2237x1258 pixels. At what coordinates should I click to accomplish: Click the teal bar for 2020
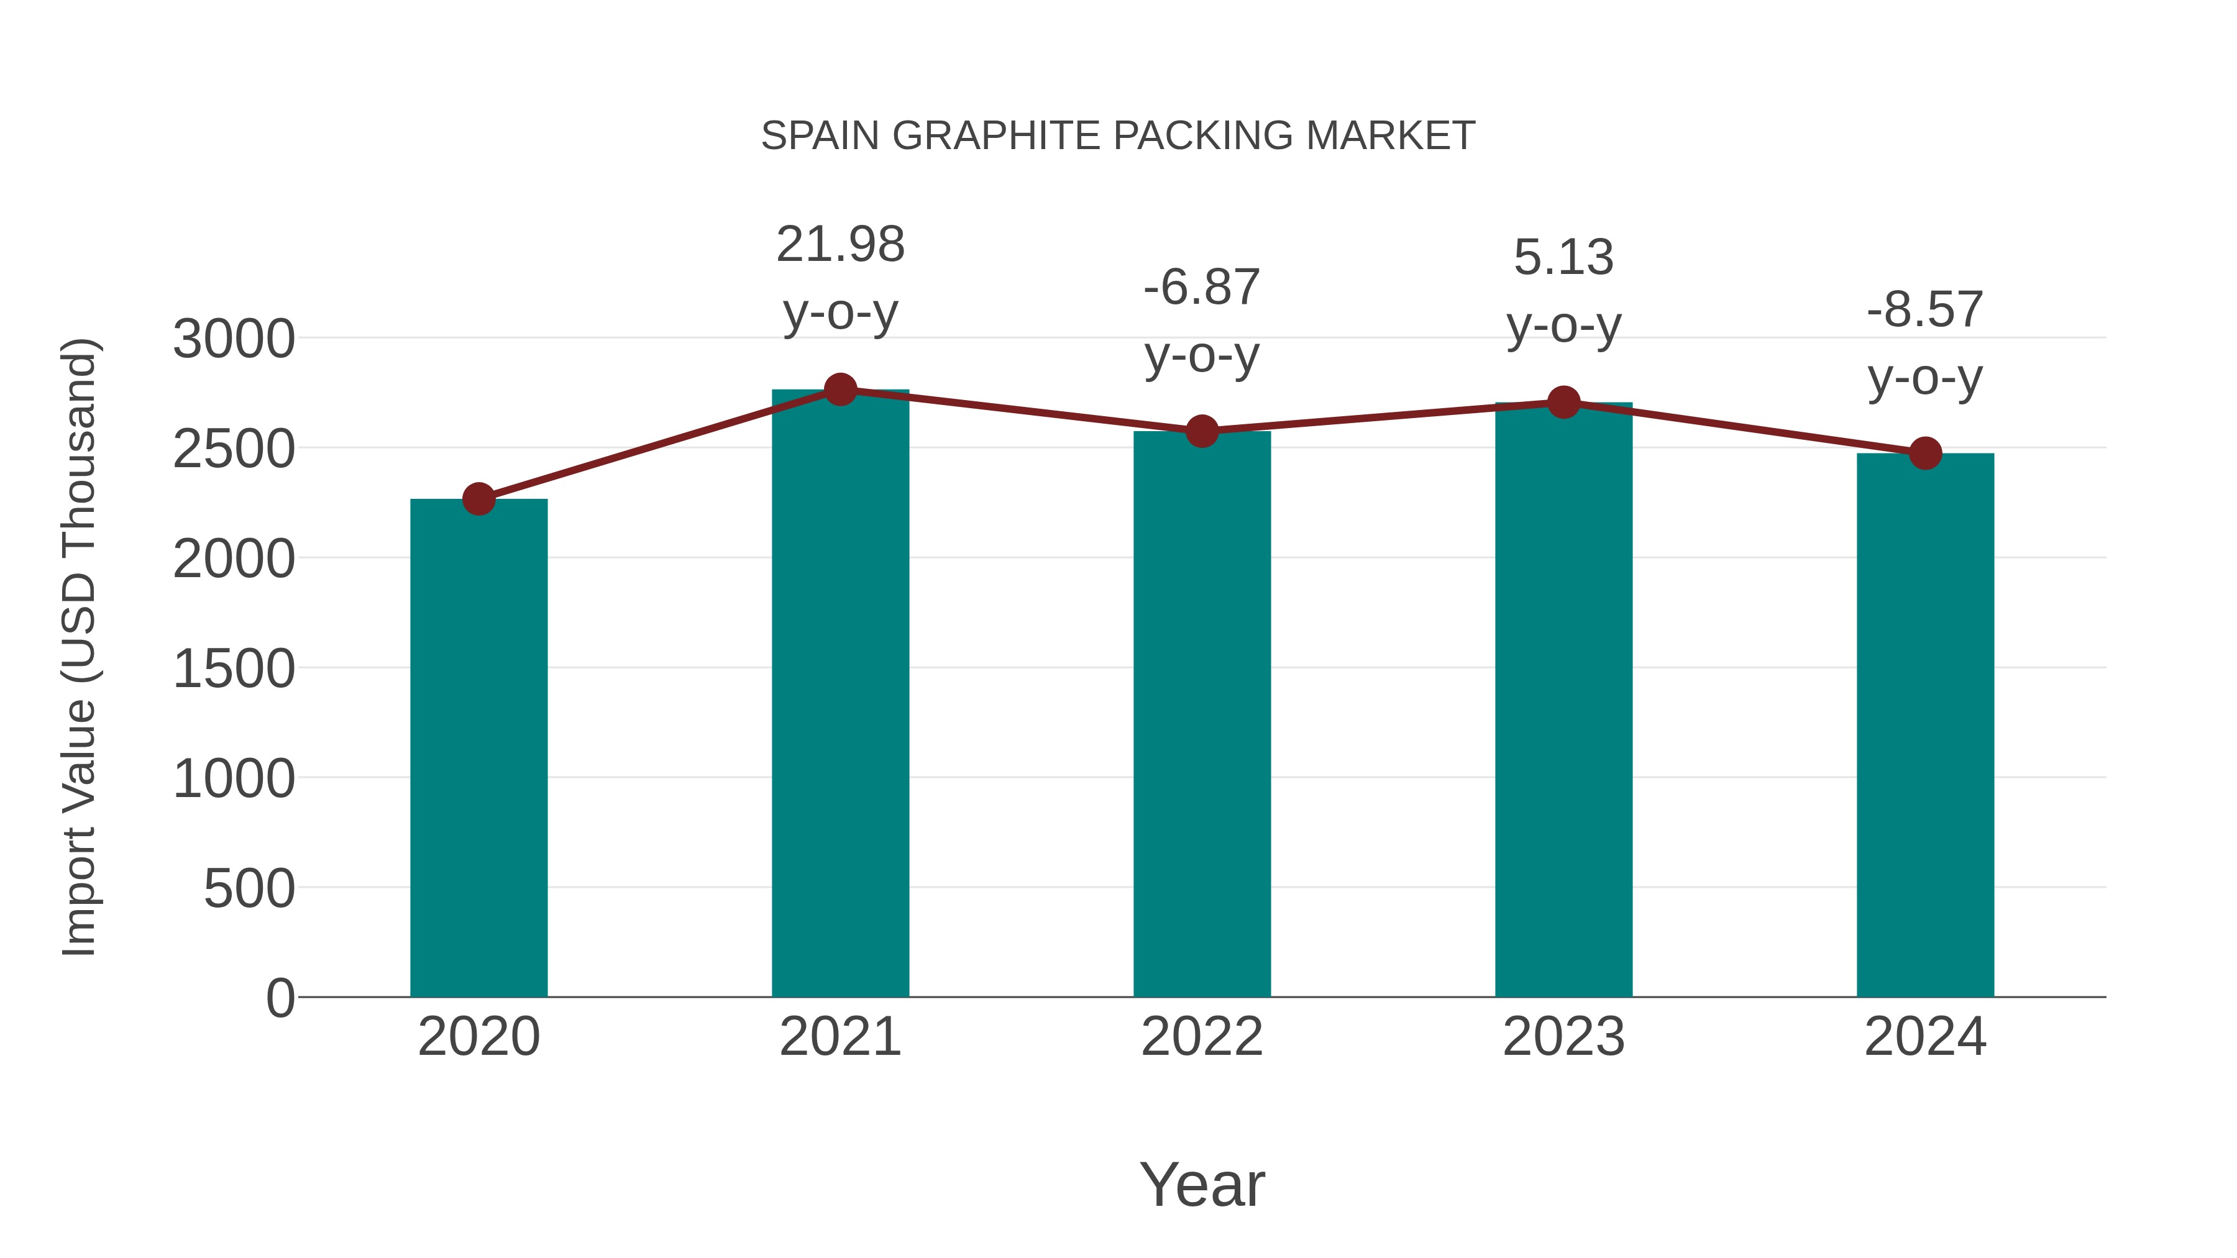(478, 747)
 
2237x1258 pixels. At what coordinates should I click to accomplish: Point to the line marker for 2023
(1563, 403)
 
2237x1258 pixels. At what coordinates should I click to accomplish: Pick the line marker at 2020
(478, 499)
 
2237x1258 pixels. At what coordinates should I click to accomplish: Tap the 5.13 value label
(1563, 257)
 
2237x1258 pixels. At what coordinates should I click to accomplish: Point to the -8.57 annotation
(1925, 309)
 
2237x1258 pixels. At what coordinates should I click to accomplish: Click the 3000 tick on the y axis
(234, 339)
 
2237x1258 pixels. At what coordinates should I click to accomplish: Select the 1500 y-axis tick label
(234, 668)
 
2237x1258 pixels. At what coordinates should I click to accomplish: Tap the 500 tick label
(249, 888)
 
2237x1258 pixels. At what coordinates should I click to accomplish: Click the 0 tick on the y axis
(280, 998)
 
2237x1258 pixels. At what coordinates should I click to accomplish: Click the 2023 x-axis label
(1563, 1037)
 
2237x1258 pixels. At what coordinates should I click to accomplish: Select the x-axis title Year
(1202, 1184)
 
